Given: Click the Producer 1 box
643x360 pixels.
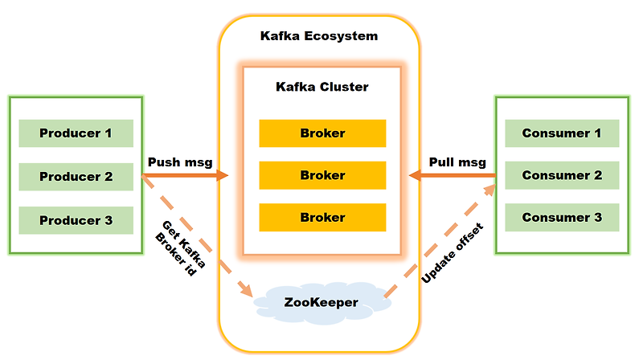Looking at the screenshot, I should click(x=76, y=133).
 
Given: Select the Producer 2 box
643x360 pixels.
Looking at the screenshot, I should click(x=76, y=176).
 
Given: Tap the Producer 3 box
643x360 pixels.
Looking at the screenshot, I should click(x=76, y=219).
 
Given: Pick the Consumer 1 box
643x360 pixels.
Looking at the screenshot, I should click(x=562, y=133).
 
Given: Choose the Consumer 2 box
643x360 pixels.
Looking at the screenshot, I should click(x=562, y=175).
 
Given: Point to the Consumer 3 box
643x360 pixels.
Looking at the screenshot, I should click(x=562, y=218).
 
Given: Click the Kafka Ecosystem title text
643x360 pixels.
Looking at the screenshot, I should click(x=319, y=36).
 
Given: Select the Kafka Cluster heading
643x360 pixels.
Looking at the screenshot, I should click(x=322, y=86).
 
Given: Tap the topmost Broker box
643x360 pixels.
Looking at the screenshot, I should click(x=322, y=133).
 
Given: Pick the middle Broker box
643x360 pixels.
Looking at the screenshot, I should click(x=322, y=175).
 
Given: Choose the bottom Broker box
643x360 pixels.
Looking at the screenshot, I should click(x=322, y=218).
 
